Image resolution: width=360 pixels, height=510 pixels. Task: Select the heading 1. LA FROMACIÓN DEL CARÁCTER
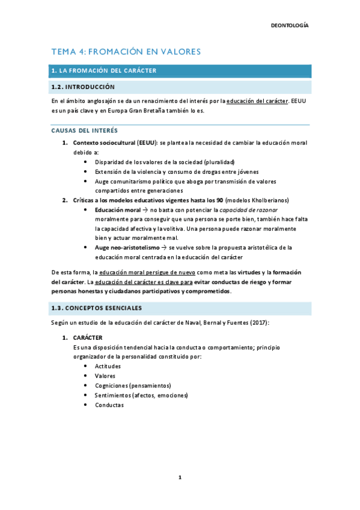pos(104,71)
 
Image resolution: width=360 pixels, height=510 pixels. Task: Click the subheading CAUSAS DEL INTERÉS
pos(85,131)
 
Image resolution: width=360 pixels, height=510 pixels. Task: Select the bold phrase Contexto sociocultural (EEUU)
pos(115,143)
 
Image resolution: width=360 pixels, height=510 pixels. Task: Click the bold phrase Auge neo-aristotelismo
pos(129,247)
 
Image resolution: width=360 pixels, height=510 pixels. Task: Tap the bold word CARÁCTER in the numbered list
pos(88,338)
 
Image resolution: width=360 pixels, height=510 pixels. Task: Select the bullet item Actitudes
pos(108,366)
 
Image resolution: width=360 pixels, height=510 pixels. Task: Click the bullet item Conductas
pos(109,405)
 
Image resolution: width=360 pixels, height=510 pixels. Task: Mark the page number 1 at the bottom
pos(180,478)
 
